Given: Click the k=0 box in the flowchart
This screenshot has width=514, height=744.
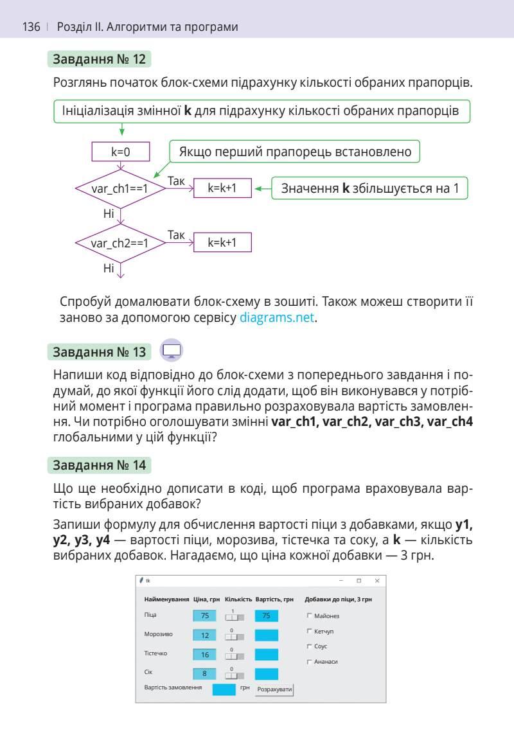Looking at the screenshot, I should point(121,152).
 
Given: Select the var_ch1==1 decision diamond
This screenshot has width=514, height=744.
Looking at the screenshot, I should point(120,189).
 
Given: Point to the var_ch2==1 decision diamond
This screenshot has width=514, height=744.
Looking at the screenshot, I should point(120,244).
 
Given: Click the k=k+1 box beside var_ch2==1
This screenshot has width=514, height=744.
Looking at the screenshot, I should point(222,242).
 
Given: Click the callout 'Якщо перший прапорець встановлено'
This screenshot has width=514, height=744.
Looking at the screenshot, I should point(295,152).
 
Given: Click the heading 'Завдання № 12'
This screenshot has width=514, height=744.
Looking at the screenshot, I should point(100,60).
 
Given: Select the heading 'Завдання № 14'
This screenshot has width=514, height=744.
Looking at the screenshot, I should point(100,464).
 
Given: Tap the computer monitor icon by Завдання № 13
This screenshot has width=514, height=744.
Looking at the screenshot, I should point(172,351).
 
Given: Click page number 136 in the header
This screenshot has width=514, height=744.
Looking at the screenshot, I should point(31,27).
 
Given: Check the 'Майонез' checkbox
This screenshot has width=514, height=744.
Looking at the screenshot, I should point(310,616).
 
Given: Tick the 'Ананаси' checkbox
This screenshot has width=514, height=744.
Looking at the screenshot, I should point(310,661).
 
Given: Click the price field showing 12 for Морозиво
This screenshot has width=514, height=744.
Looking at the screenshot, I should point(205,635).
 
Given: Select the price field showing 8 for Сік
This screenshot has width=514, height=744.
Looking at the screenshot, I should point(205,673).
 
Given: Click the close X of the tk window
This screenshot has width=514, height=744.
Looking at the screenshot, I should point(377,581).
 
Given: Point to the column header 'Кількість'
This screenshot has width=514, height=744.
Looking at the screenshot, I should point(238,599).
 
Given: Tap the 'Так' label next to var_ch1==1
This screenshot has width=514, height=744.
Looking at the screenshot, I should point(176,181).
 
